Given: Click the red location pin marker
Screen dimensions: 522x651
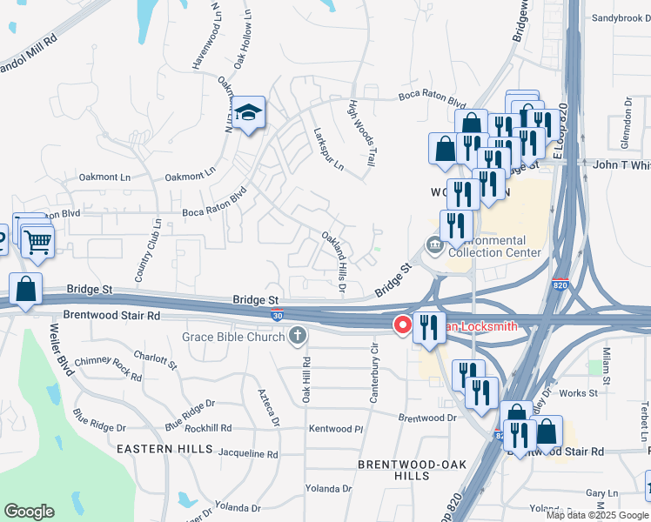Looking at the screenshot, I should [403, 325].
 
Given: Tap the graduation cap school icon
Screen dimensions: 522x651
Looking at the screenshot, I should [249, 112].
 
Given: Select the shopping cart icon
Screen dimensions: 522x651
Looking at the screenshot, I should [37, 241].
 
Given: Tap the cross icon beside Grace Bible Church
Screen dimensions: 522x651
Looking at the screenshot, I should [298, 336].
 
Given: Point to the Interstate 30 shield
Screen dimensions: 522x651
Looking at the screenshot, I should [276, 314].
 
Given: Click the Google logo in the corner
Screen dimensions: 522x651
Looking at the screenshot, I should [29, 512].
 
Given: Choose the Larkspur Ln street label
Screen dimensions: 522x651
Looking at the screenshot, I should [329, 149].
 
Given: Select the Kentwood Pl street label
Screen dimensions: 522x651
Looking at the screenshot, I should [335, 429].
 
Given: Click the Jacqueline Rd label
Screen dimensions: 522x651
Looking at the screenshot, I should [247, 453].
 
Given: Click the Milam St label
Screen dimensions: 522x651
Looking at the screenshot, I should [607, 363].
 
